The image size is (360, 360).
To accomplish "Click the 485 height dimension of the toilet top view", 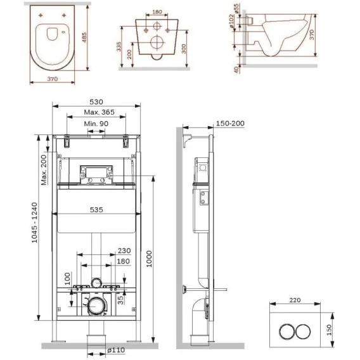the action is click(x=84, y=37).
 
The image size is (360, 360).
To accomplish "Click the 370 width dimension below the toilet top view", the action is click(x=53, y=79).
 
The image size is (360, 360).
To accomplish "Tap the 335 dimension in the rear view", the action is click(x=119, y=47).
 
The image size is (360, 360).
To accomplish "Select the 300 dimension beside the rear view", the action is click(x=184, y=49).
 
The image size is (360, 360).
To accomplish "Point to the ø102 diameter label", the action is click(x=231, y=21).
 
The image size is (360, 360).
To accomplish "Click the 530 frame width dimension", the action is click(x=96, y=101).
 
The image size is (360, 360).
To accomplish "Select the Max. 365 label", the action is click(x=99, y=112).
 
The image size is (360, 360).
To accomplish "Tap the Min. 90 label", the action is click(x=96, y=124).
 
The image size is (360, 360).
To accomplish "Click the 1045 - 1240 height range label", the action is click(x=34, y=222).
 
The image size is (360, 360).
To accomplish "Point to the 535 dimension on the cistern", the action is click(x=96, y=210).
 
